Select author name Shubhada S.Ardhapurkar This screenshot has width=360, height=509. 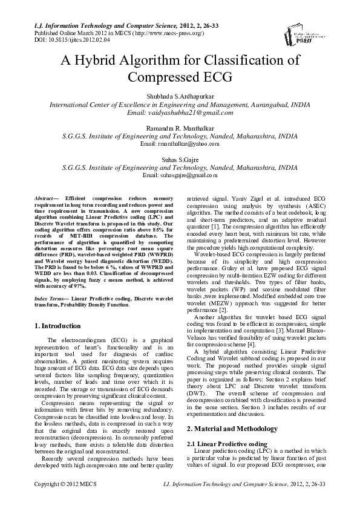tap(180, 96)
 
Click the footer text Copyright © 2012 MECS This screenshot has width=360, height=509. tap(65, 501)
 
